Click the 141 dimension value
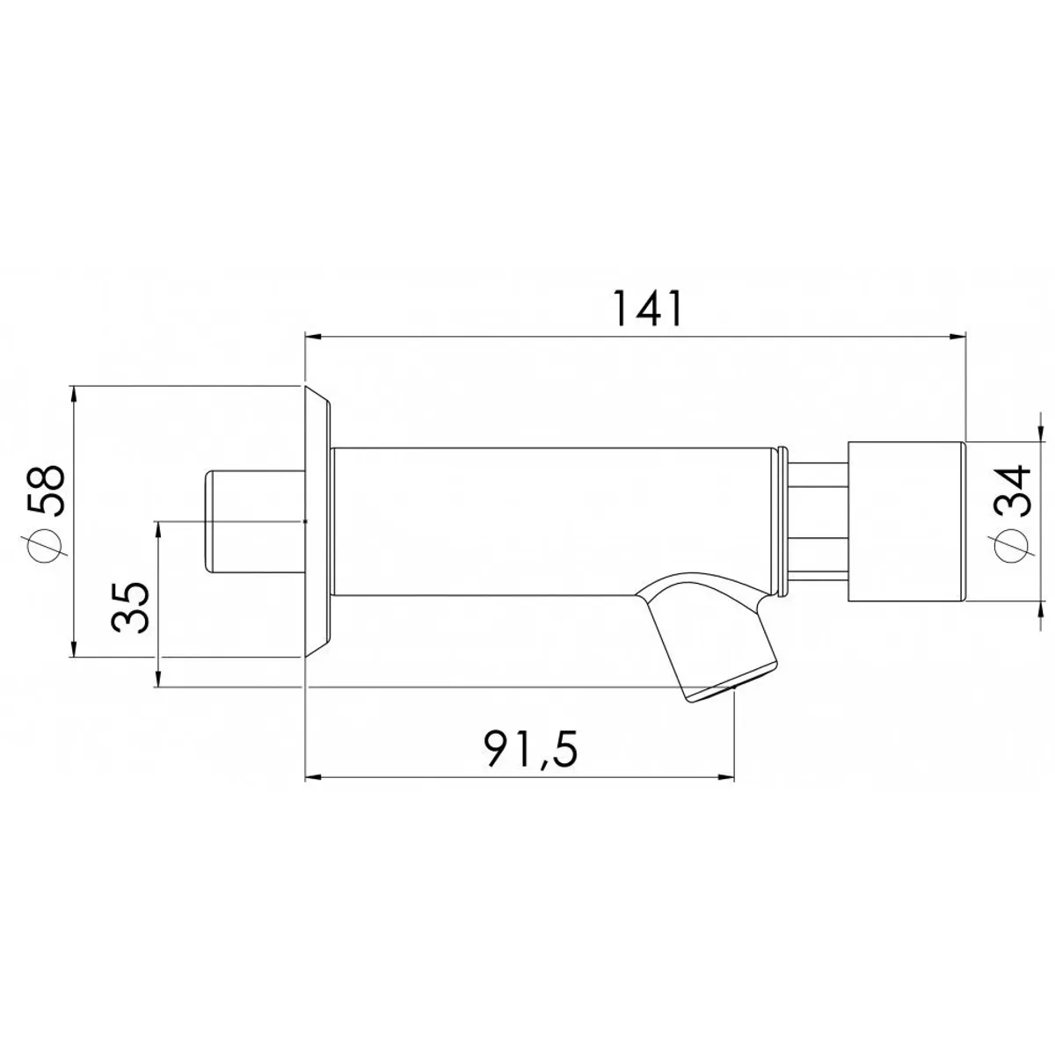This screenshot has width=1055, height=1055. tap(648, 309)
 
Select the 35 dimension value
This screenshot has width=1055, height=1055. tap(130, 608)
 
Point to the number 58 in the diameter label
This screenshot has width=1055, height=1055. tap(47, 490)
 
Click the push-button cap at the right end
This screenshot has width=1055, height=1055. tap(906, 521)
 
